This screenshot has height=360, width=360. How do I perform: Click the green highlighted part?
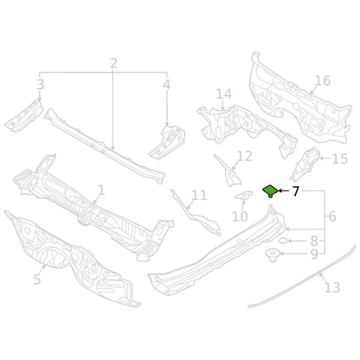pos(270,190)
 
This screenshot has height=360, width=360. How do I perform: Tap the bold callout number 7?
pos(295,191)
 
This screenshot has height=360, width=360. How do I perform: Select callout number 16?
pos(323,80)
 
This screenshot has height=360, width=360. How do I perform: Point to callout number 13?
pos(332,287)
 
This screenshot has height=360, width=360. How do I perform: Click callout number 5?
pos(36,280)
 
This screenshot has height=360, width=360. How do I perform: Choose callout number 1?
pos(101,190)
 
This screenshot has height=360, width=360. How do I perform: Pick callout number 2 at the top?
pos(114,63)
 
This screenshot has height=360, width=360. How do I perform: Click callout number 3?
pos(41,85)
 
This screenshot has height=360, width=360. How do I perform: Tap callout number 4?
pos(167,85)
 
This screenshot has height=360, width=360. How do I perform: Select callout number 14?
pos(224,94)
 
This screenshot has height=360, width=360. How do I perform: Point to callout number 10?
pos(240,216)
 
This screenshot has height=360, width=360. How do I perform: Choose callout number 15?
pos(340,159)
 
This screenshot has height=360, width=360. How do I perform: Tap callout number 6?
pos(332,216)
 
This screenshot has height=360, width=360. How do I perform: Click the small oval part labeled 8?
pos(283,241)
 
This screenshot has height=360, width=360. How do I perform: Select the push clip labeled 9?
pos(272,255)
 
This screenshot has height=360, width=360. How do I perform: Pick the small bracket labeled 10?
pos(243,196)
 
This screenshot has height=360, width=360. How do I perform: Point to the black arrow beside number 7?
pos(284,191)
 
